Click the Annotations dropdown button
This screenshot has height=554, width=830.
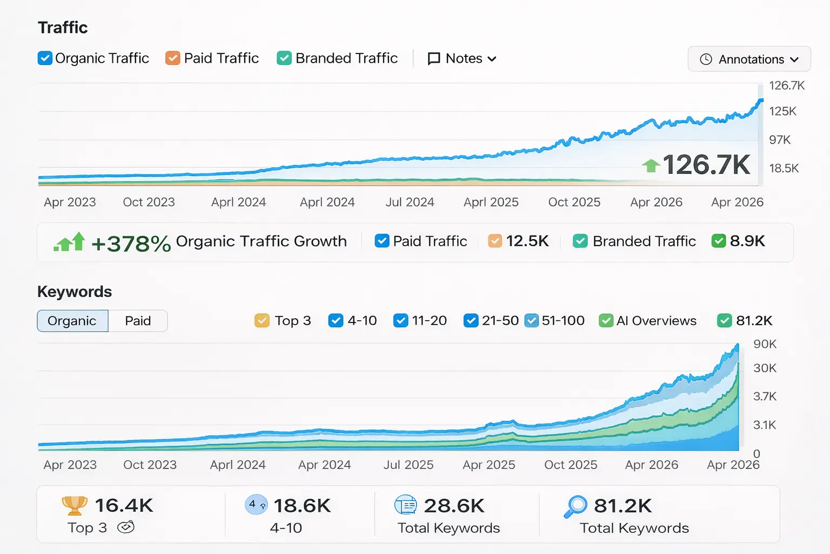749,59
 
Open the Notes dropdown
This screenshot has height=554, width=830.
462,58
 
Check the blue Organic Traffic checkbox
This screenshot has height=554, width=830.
45,58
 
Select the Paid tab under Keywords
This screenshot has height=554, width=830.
138,321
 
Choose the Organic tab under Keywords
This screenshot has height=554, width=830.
72,321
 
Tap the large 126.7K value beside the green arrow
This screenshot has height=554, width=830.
706,164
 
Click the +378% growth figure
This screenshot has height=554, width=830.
131,243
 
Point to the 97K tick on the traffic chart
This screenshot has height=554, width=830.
780,140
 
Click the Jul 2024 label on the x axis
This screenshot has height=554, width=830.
410,202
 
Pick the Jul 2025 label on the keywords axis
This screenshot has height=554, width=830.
409,465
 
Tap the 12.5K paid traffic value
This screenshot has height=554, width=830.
527,241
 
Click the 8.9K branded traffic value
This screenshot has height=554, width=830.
747,241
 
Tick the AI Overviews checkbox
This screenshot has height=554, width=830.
606,321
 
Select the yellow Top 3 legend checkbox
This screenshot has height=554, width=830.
262,321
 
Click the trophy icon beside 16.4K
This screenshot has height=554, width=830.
75,505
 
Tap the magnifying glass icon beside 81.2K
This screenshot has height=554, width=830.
575,506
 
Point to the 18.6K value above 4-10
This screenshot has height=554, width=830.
302,506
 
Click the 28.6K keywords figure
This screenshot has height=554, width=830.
454,506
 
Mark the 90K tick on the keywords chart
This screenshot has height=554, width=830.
765,344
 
